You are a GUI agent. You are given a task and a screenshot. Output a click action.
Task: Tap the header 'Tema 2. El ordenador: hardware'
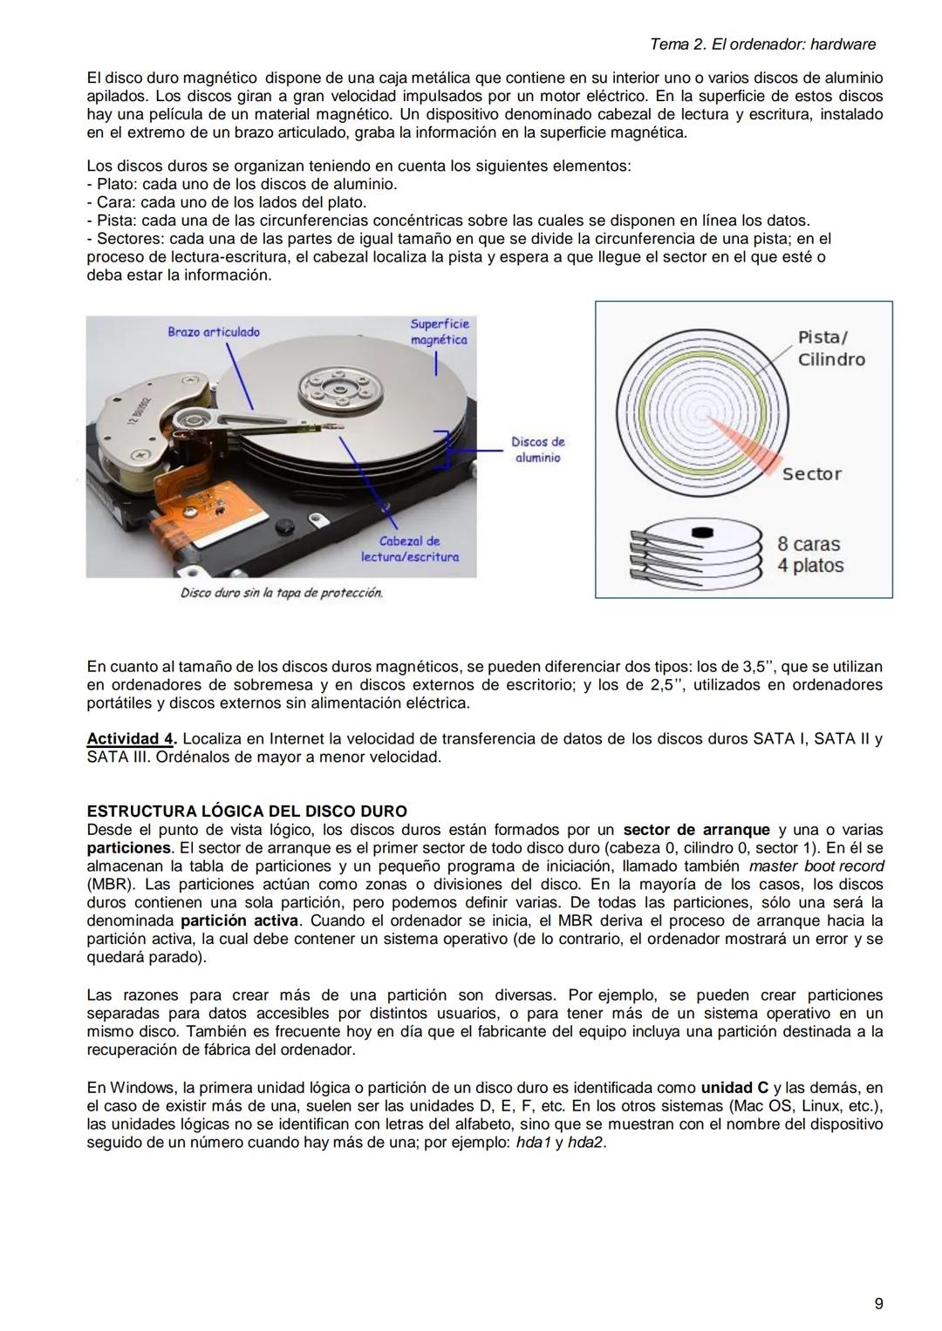click(763, 44)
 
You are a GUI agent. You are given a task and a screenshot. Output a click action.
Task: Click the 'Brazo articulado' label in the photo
click(214, 332)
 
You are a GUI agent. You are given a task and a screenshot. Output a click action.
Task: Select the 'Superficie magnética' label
click(439, 332)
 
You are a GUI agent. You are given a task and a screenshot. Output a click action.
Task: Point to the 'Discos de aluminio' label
click(537, 450)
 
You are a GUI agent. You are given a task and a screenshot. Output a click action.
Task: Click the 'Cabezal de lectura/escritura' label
click(410, 549)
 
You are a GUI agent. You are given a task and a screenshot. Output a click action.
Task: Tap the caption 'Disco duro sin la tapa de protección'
click(281, 593)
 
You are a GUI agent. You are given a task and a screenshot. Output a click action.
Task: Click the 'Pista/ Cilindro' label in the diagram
click(830, 349)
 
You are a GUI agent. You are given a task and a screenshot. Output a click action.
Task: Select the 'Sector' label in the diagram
click(811, 474)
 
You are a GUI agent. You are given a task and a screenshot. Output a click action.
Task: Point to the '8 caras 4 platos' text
click(810, 554)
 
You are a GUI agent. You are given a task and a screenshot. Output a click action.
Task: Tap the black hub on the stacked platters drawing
click(702, 532)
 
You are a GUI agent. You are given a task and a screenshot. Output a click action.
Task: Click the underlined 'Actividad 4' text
click(131, 739)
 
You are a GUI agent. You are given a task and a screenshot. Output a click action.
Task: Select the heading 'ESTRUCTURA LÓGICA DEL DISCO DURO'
click(247, 812)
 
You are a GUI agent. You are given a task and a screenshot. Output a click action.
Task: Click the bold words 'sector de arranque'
click(696, 830)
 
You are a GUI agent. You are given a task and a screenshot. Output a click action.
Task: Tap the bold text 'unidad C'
click(734, 1088)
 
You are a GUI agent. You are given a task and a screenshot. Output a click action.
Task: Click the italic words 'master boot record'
click(816, 866)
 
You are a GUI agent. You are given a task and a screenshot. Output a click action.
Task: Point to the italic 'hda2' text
click(585, 1143)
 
